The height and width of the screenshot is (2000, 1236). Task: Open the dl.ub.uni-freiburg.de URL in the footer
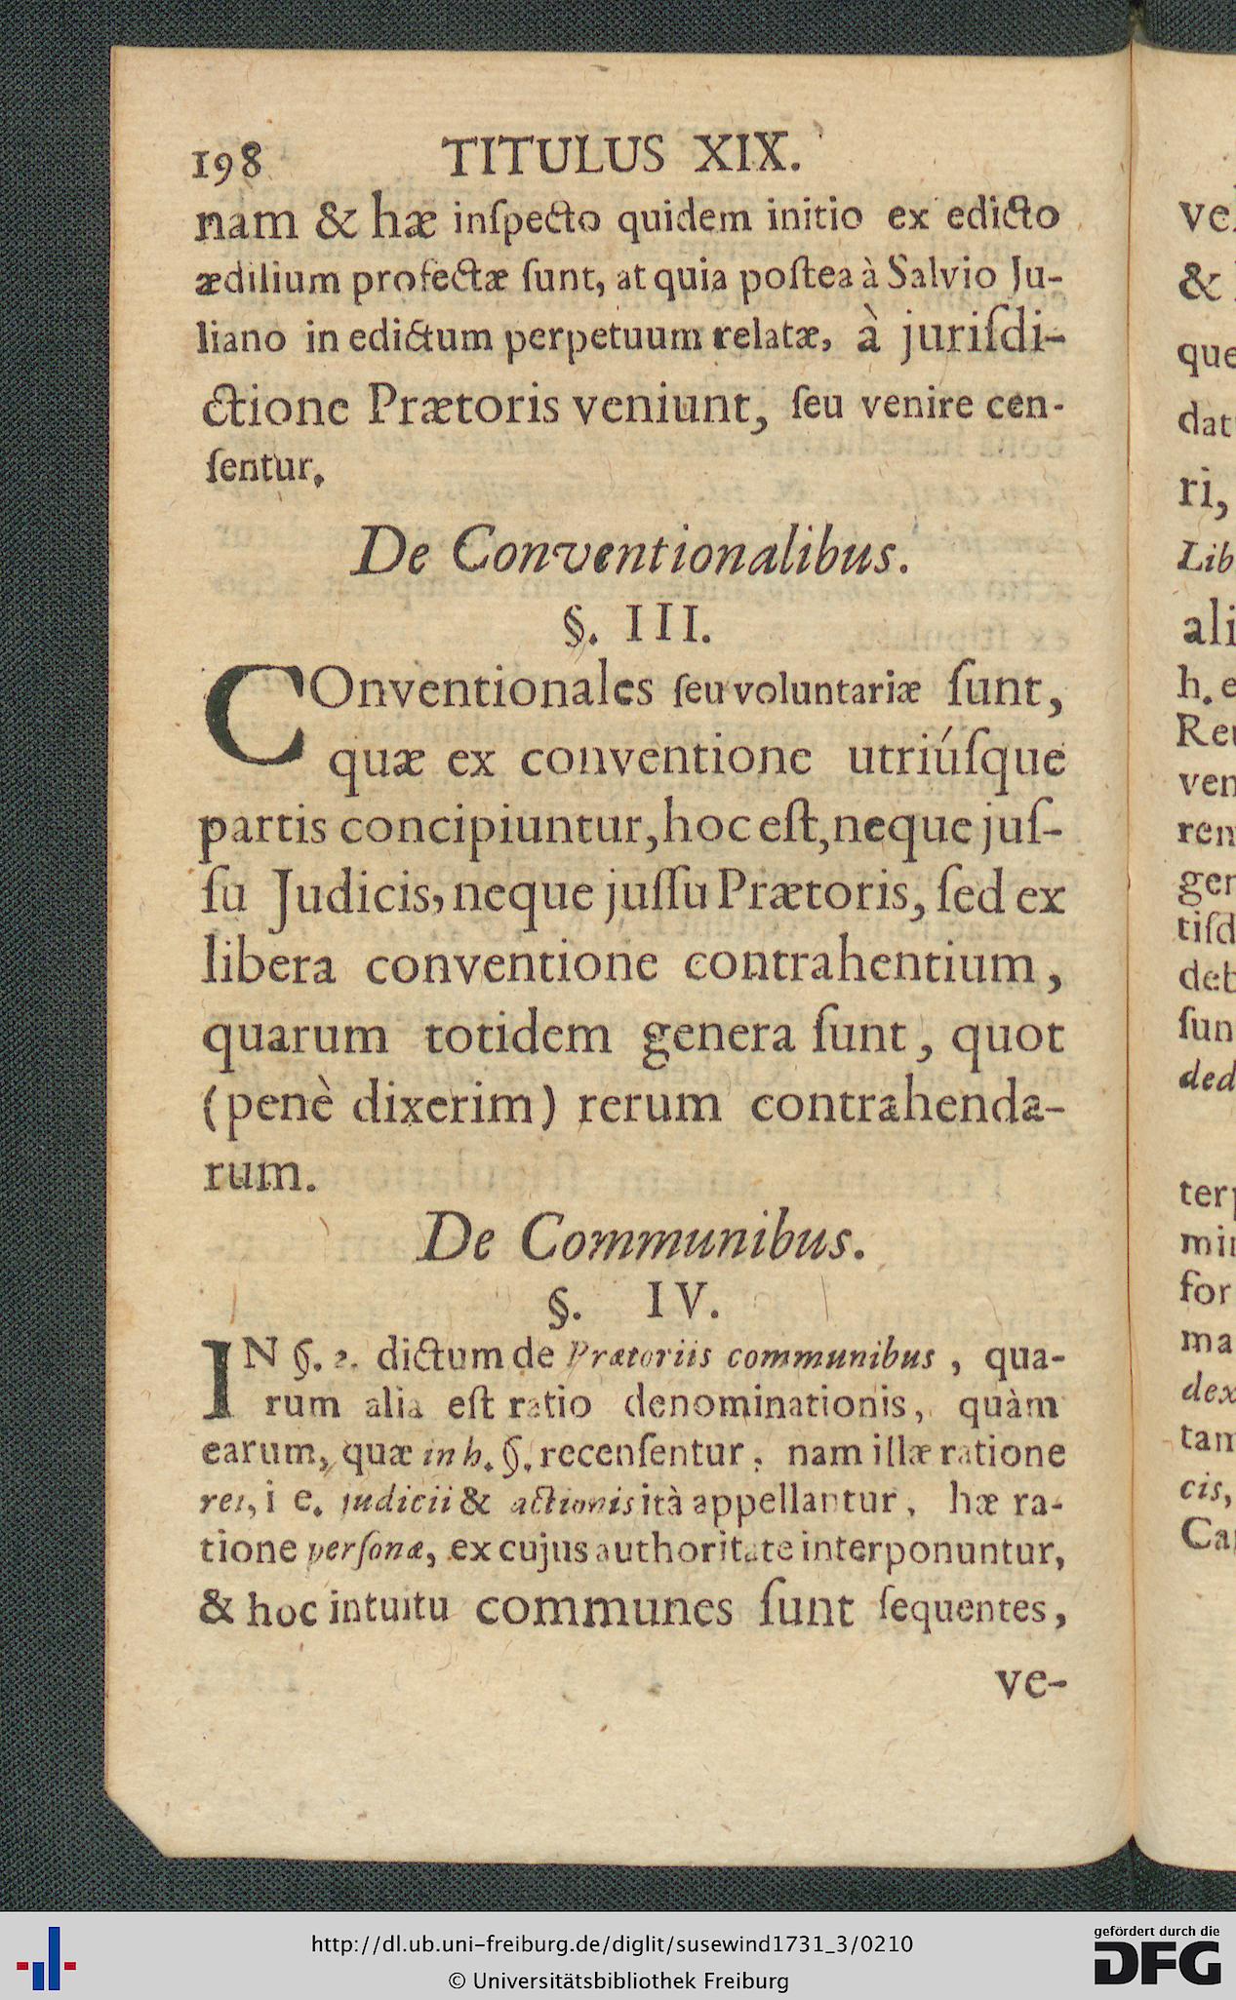(x=612, y=1943)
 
